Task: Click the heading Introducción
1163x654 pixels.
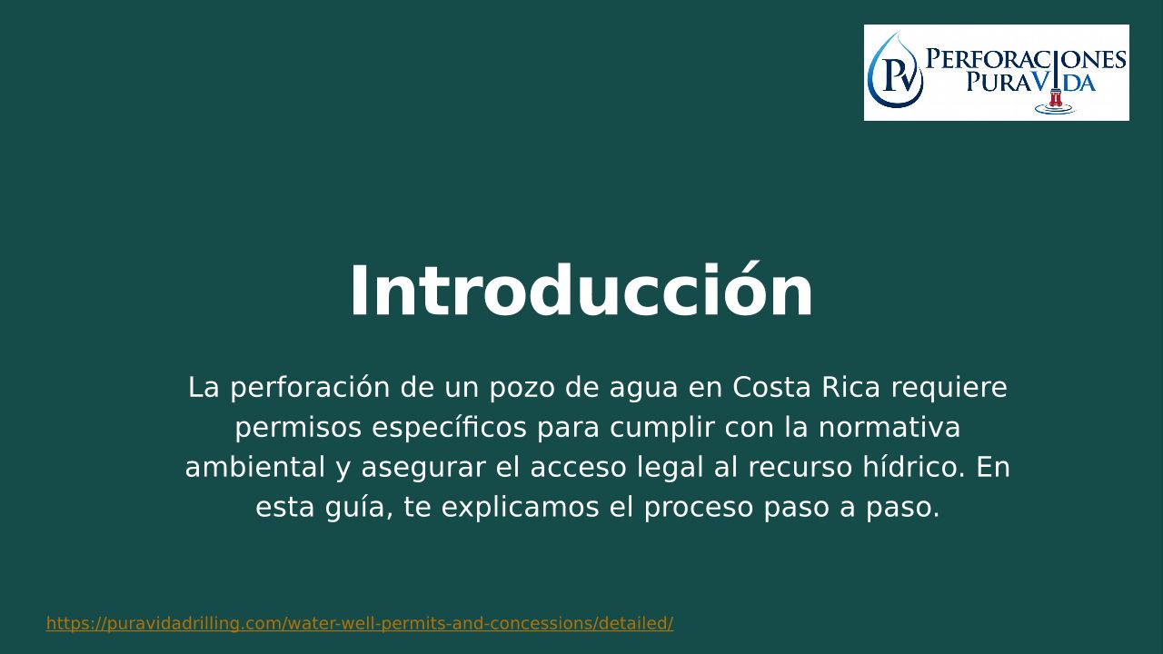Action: pyautogui.click(x=581, y=292)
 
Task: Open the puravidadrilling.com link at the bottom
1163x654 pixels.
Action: pyautogui.click(x=360, y=623)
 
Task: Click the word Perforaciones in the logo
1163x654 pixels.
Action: pyautogui.click(x=1026, y=59)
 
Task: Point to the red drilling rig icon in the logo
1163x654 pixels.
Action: pyautogui.click(x=1055, y=98)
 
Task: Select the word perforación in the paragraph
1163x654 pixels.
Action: pyautogui.click(x=310, y=387)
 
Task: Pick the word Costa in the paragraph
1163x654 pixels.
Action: pyautogui.click(x=771, y=387)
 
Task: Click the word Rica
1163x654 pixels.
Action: pyautogui.click(x=851, y=387)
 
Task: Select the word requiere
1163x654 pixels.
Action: pyautogui.click(x=949, y=388)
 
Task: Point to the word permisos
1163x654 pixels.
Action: pyautogui.click(x=298, y=428)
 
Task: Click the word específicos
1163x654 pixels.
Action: pyautogui.click(x=450, y=428)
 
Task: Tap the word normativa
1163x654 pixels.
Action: pyautogui.click(x=890, y=427)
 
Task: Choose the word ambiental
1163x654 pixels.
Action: pyautogui.click(x=255, y=467)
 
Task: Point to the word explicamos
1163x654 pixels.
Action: pyautogui.click(x=521, y=508)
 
